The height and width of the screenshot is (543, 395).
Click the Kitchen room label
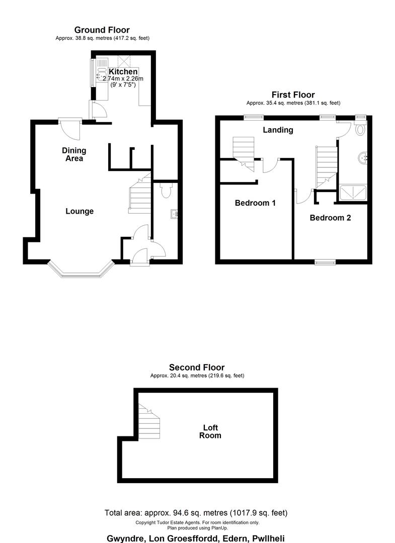pyautogui.click(x=123, y=72)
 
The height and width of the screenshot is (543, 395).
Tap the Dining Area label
pyautogui.click(x=74, y=154)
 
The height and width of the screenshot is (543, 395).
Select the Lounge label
pyautogui.click(x=80, y=211)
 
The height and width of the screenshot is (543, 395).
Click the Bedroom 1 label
pyautogui.click(x=255, y=203)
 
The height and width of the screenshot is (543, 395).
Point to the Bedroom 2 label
pyautogui.click(x=330, y=218)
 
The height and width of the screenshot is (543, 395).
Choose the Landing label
pyautogui.click(x=278, y=130)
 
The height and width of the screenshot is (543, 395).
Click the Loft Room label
pyautogui.click(x=210, y=431)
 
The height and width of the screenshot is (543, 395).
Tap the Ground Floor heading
pyautogui.click(x=102, y=30)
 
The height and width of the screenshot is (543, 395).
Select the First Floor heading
pyautogui.click(x=293, y=95)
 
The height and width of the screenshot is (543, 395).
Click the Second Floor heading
pyautogui.click(x=197, y=368)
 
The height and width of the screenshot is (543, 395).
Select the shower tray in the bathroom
pyautogui.click(x=353, y=193)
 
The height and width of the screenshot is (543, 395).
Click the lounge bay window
pyautogui.click(x=81, y=270)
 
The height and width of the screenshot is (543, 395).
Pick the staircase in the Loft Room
pyautogui.click(x=149, y=421)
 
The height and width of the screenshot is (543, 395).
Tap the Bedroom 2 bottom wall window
pyautogui.click(x=326, y=262)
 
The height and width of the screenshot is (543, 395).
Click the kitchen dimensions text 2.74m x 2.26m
pyautogui.click(x=123, y=78)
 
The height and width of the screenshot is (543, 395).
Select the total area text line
pyautogui.click(x=196, y=512)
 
